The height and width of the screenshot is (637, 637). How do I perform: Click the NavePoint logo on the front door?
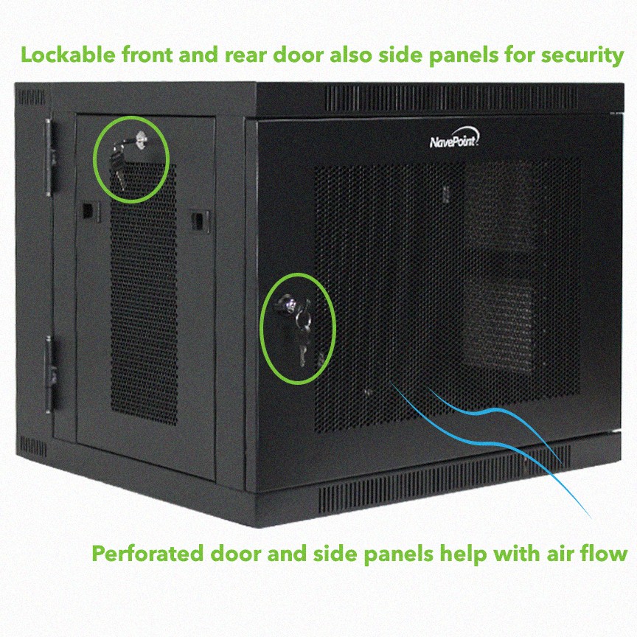point(455,138)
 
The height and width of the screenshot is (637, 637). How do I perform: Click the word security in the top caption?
point(582,55)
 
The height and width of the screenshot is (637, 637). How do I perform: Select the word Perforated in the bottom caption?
point(147,553)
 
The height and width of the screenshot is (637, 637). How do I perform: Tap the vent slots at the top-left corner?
point(31,97)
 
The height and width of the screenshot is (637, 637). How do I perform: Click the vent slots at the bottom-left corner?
point(32,447)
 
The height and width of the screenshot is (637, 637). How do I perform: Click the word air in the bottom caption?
point(560,553)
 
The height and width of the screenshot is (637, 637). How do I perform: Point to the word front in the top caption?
point(147,55)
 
